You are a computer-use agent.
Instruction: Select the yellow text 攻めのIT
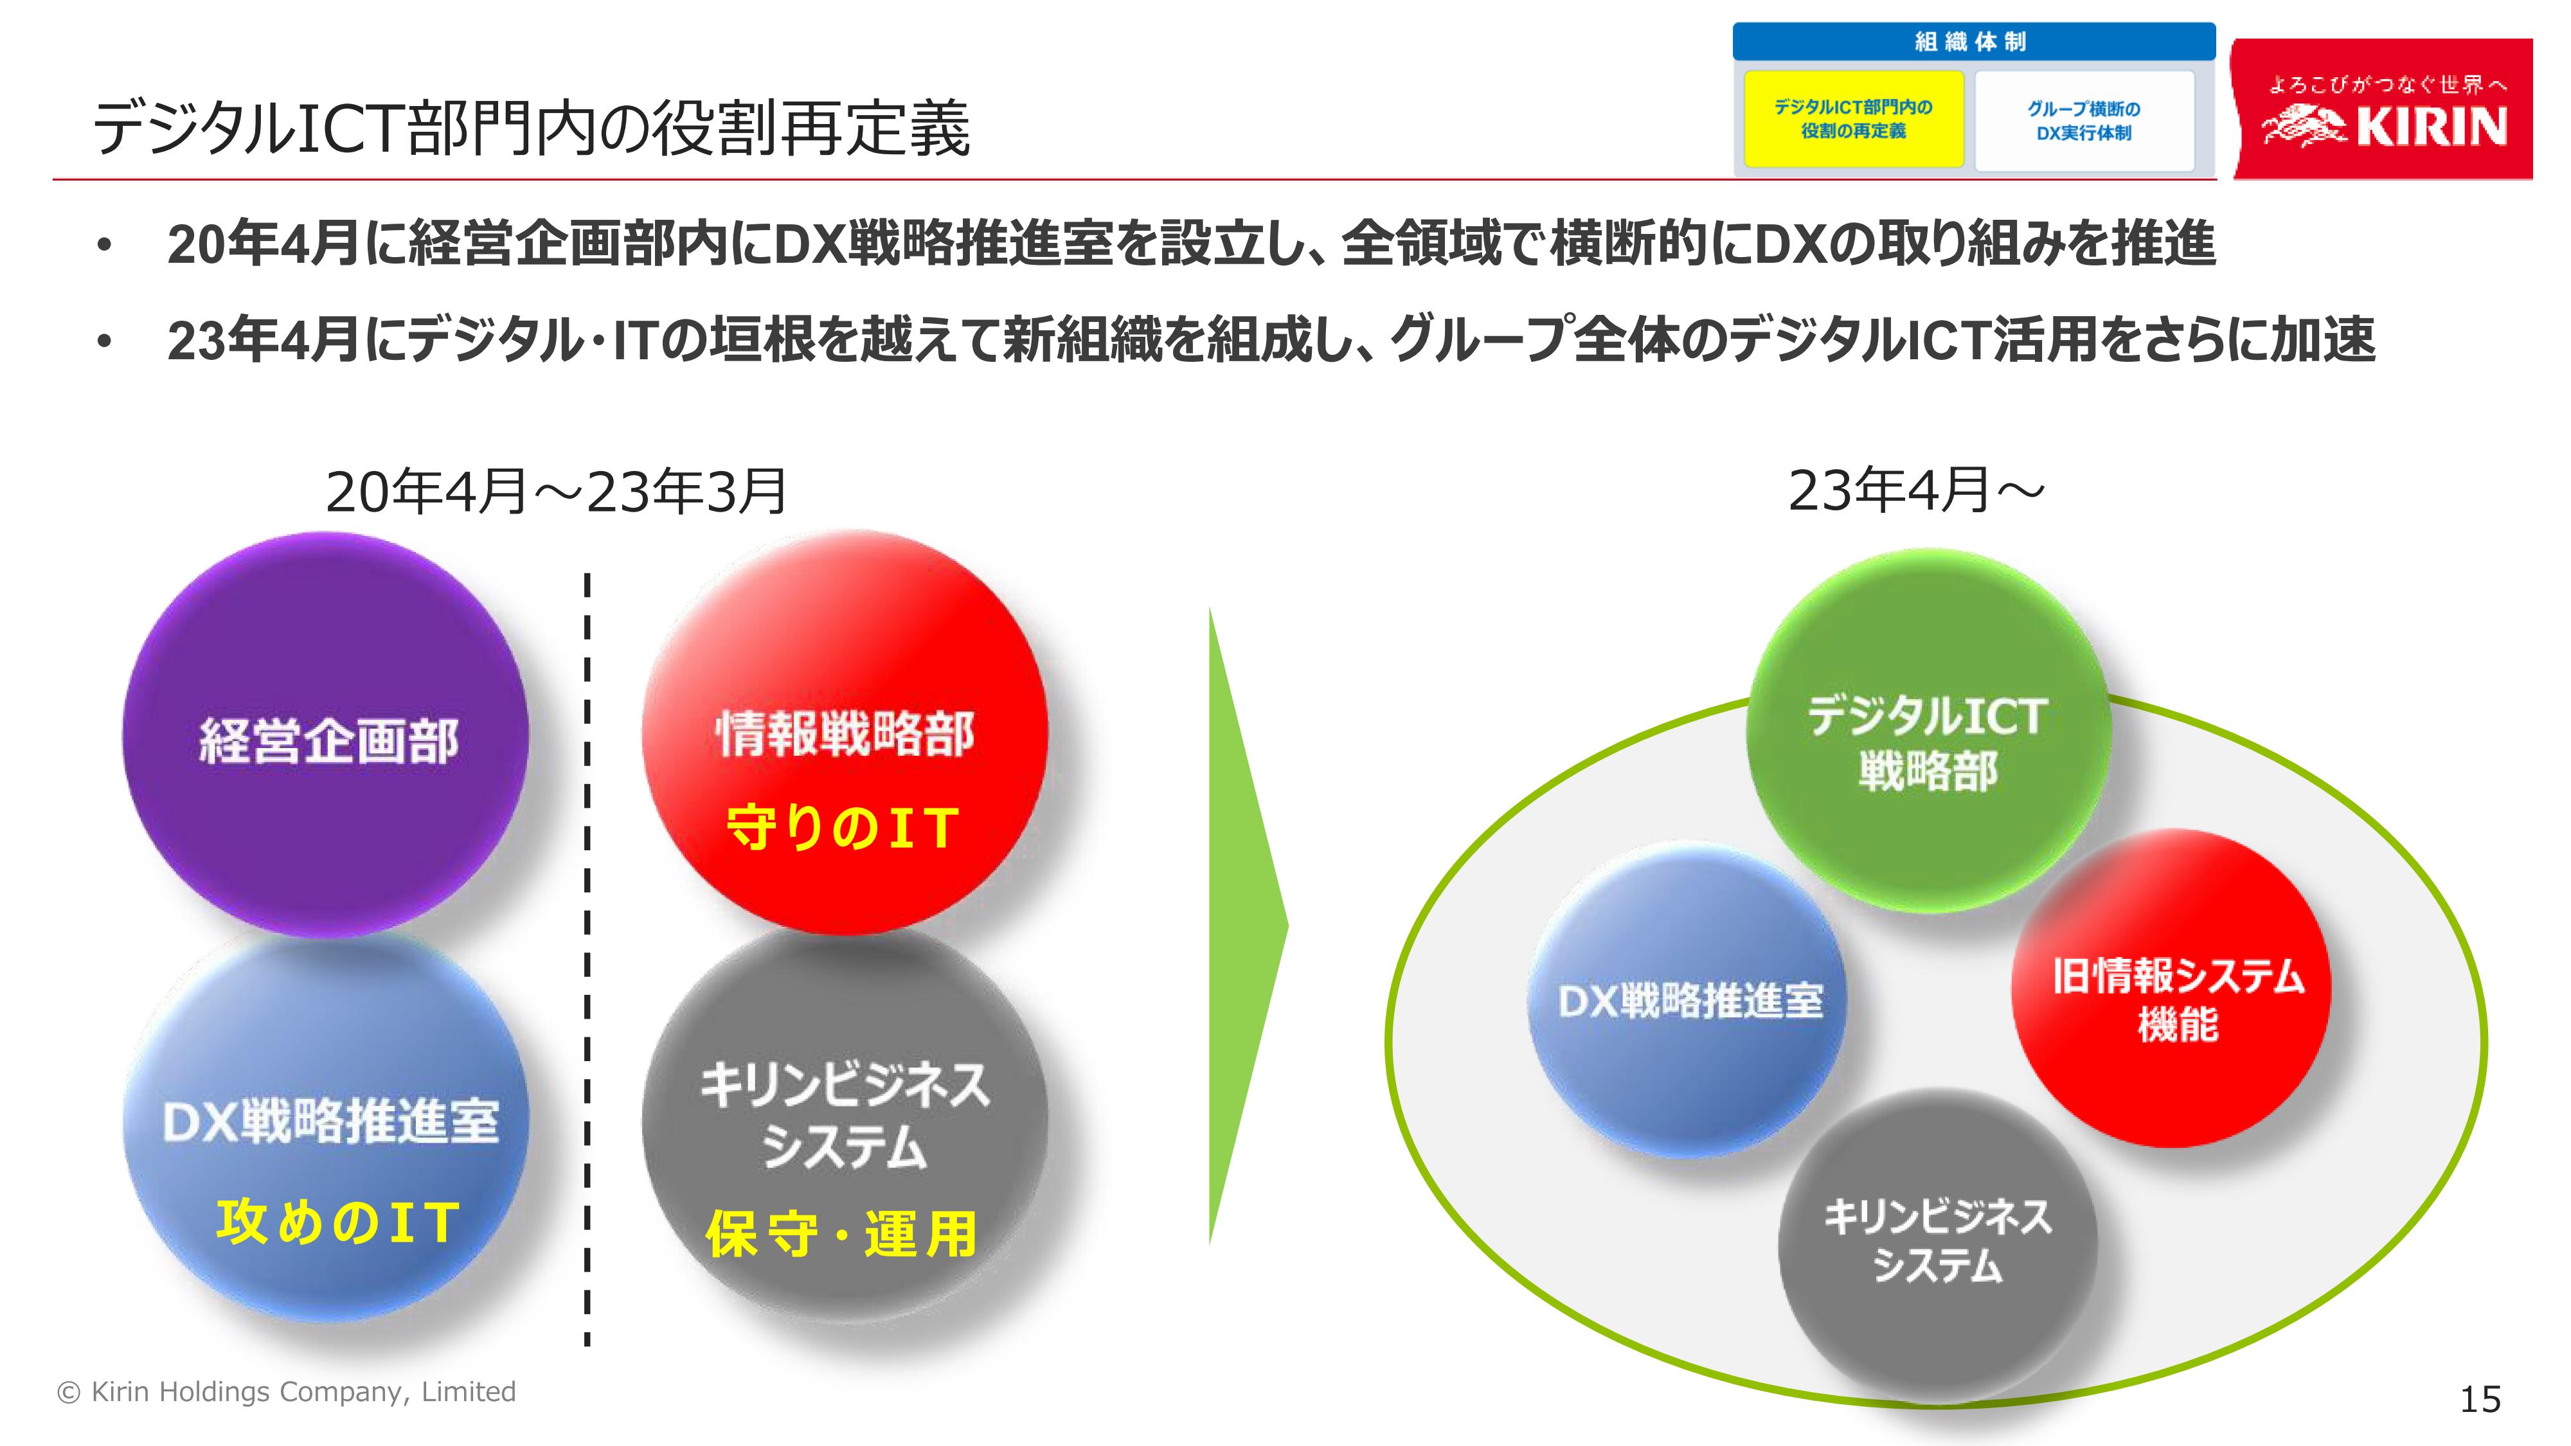tap(337, 1222)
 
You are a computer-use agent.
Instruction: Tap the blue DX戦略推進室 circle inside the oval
tap(1689, 999)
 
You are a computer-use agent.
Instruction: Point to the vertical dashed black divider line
tap(587, 959)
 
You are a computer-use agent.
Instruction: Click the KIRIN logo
tap(2383, 110)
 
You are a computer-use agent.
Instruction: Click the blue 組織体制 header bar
tap(1973, 42)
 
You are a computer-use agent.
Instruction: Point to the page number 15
tap(2480, 1399)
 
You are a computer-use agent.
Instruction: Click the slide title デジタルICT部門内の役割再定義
tap(531, 129)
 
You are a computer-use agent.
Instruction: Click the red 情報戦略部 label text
tap(845, 735)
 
